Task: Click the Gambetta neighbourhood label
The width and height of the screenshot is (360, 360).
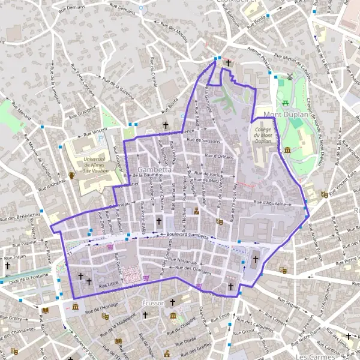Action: [155, 170]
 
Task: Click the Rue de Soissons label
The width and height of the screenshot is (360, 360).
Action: [204, 141]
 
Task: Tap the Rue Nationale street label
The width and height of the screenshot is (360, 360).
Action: [183, 262]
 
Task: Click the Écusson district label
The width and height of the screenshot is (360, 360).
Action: [153, 304]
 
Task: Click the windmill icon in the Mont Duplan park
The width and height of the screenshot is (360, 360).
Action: [290, 77]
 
